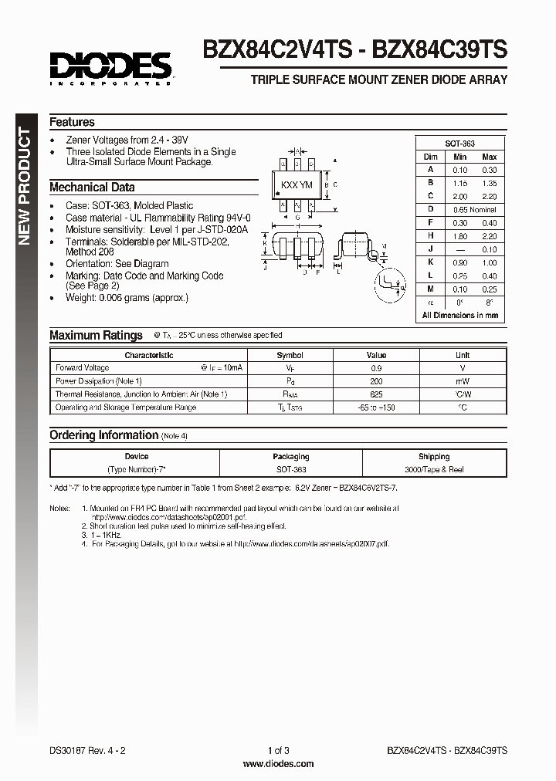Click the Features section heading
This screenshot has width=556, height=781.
72,122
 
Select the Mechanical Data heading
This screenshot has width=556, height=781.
92,188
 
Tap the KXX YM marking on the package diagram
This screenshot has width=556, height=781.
297,185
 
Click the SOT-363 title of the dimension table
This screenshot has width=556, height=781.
459,144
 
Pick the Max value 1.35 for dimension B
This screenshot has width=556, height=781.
488,183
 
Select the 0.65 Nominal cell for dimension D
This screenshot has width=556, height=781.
474,209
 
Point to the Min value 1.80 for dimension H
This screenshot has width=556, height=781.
460,235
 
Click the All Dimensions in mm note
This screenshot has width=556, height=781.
459,315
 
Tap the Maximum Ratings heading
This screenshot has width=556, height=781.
96,335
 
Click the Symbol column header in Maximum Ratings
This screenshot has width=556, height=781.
290,355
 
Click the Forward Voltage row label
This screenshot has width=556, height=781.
83,368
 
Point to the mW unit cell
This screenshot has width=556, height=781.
462,381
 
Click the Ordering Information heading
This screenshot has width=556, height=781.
103,435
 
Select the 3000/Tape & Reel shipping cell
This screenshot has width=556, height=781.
433,469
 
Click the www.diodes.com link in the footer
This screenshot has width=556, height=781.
278,763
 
